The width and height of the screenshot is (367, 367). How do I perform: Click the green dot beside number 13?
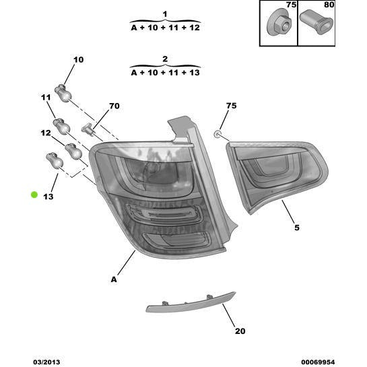pyautogui.click(x=34, y=195)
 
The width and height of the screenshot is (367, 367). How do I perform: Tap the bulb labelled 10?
pyautogui.click(x=63, y=94)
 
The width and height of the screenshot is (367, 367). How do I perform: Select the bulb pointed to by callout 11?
pyautogui.click(x=61, y=127)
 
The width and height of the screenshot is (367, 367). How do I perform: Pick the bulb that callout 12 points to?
pyautogui.click(x=73, y=152)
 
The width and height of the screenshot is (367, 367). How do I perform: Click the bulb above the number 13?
pyautogui.click(x=55, y=161)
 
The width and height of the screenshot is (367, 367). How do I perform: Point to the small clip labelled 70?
pyautogui.click(x=88, y=129)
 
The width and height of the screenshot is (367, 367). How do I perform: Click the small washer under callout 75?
pyautogui.click(x=218, y=134)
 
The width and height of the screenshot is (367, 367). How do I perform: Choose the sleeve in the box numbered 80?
pyautogui.click(x=316, y=22)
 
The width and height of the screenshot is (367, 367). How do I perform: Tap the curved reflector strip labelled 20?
pyautogui.click(x=191, y=303)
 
